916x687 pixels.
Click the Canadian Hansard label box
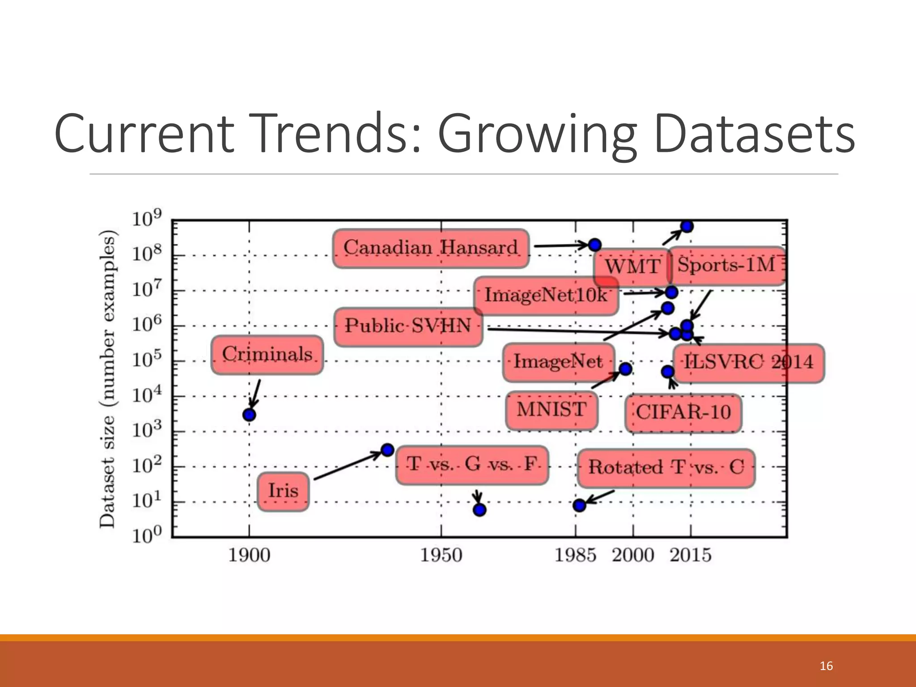(x=431, y=248)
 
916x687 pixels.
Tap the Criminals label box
(x=267, y=355)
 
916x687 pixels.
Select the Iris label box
(x=283, y=491)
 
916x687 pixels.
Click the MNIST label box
(x=551, y=410)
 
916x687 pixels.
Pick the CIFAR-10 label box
(x=683, y=412)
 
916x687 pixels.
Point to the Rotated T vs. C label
(x=666, y=468)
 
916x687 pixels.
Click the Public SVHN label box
(x=408, y=326)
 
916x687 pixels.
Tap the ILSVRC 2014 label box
(x=749, y=362)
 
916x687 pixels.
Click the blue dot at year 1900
(x=249, y=415)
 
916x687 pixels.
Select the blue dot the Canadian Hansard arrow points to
(x=594, y=245)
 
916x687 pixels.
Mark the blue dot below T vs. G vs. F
(x=479, y=509)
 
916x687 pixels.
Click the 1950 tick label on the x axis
(x=441, y=556)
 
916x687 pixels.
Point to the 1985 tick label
(x=575, y=556)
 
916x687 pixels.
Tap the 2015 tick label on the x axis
(x=690, y=556)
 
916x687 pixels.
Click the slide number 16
(x=826, y=666)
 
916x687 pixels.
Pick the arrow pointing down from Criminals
(x=255, y=394)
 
